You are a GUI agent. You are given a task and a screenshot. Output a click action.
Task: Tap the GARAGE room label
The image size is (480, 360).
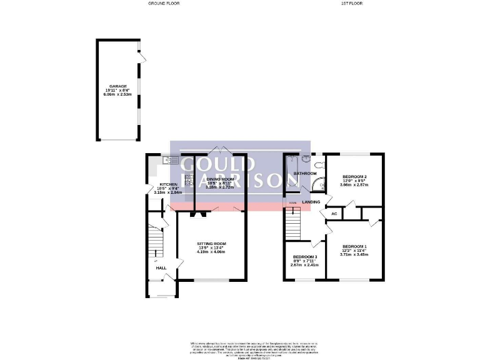coord(117,86)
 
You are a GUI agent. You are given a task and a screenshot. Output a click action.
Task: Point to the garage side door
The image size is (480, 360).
coord(142,60)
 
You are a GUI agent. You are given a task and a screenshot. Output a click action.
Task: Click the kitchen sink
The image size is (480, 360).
coord(166,160)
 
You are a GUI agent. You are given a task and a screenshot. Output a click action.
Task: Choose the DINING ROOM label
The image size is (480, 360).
coord(219,178)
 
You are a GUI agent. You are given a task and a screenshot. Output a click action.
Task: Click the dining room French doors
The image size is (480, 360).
coord(219,151)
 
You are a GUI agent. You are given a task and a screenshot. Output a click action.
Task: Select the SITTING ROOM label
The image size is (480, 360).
coord(211,243)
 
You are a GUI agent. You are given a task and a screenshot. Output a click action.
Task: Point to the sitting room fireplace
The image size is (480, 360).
coord(198,214)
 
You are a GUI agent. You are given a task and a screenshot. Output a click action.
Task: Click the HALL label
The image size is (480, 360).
coord(161,268)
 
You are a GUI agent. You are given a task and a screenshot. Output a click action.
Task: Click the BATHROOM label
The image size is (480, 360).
coord(305,173)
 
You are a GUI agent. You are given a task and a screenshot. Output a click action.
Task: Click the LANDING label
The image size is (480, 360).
coord(311,202)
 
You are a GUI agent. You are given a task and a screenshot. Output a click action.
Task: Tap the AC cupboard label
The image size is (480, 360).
coord(334,214)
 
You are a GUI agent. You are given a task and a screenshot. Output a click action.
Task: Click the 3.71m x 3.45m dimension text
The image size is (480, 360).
coord(354,254)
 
